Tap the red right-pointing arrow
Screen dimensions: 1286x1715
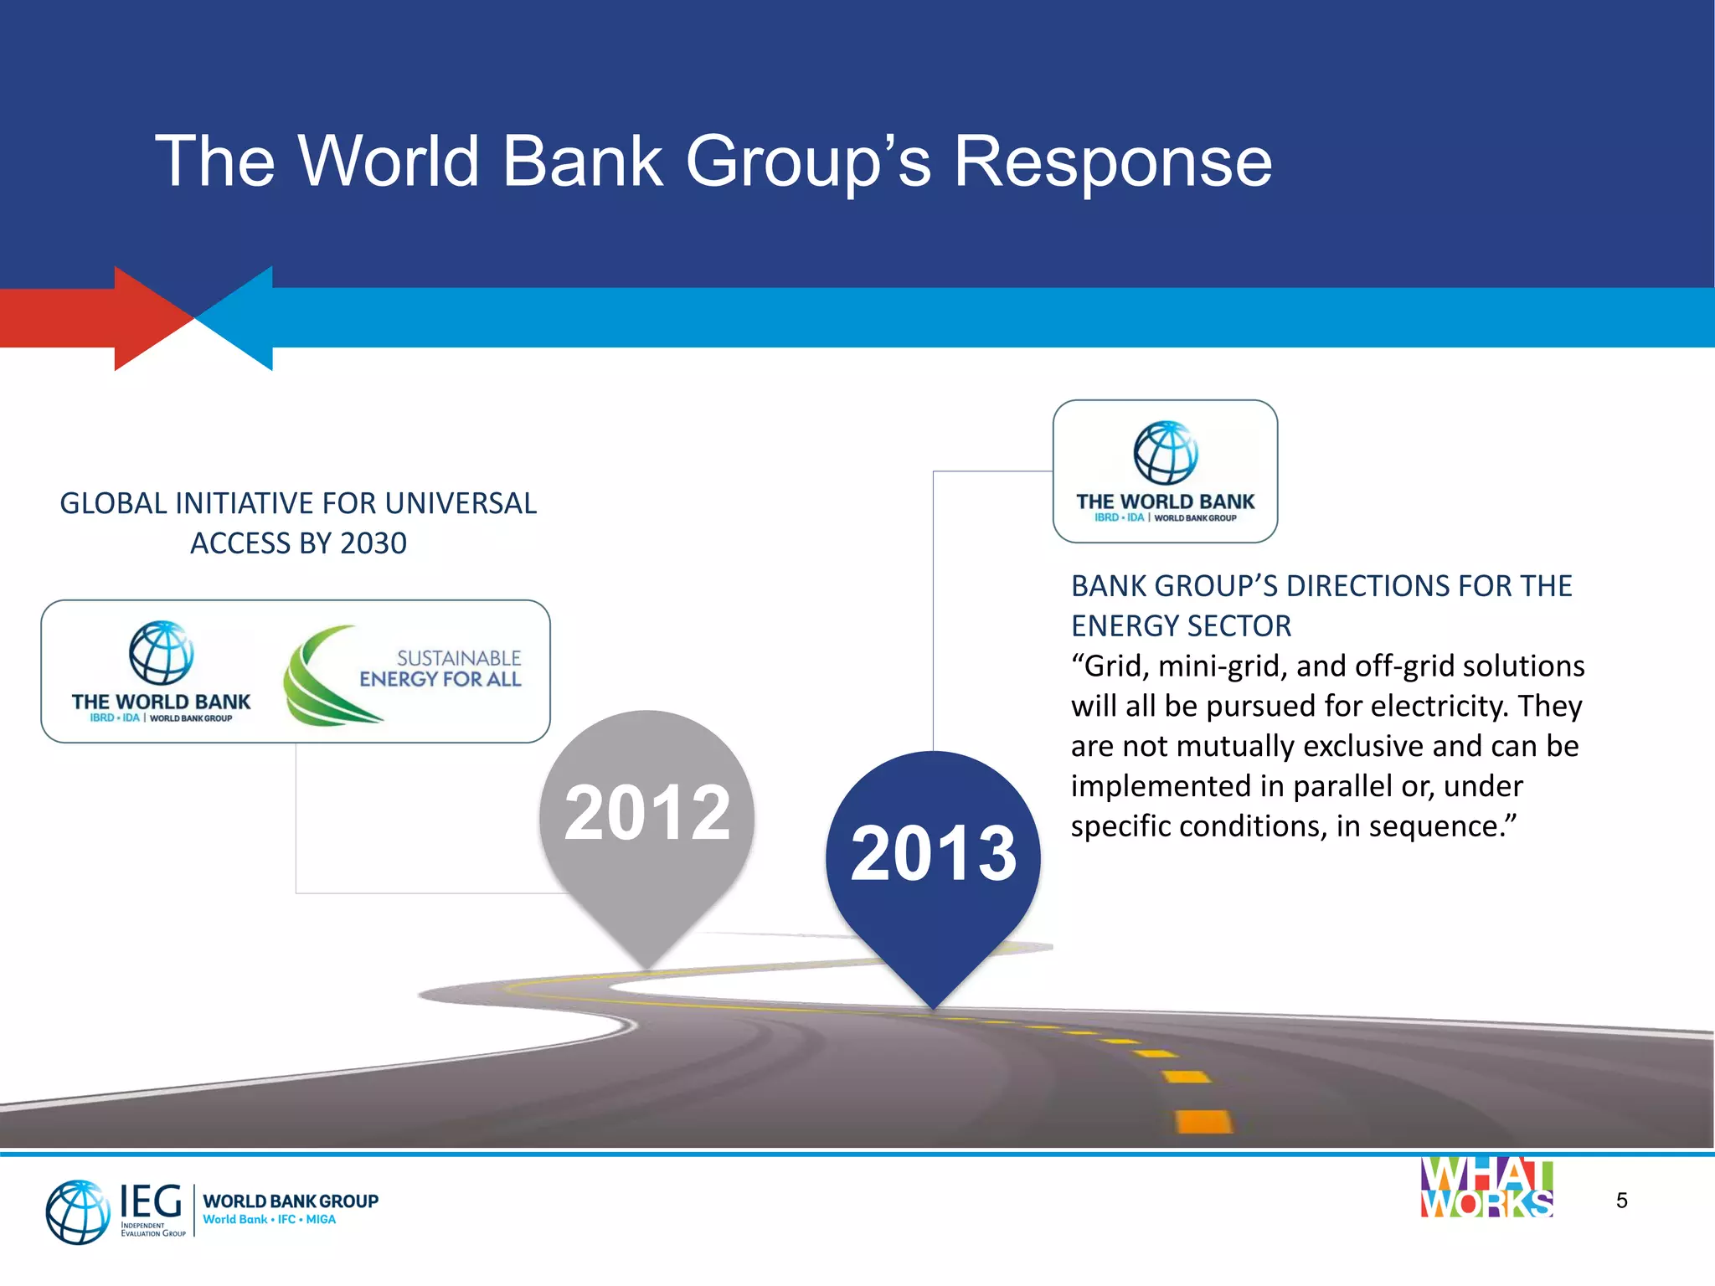126,318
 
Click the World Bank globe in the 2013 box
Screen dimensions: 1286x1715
1165,453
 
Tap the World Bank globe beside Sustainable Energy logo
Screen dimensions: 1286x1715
161,653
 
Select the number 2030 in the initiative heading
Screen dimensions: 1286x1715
373,544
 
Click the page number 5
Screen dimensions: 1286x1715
1621,1201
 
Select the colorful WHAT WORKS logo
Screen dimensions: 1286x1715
1486,1188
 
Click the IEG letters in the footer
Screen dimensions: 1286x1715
151,1201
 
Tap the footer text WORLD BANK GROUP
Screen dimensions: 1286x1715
291,1201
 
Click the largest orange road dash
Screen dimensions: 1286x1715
1203,1120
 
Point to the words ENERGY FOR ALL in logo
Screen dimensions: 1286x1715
440,679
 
